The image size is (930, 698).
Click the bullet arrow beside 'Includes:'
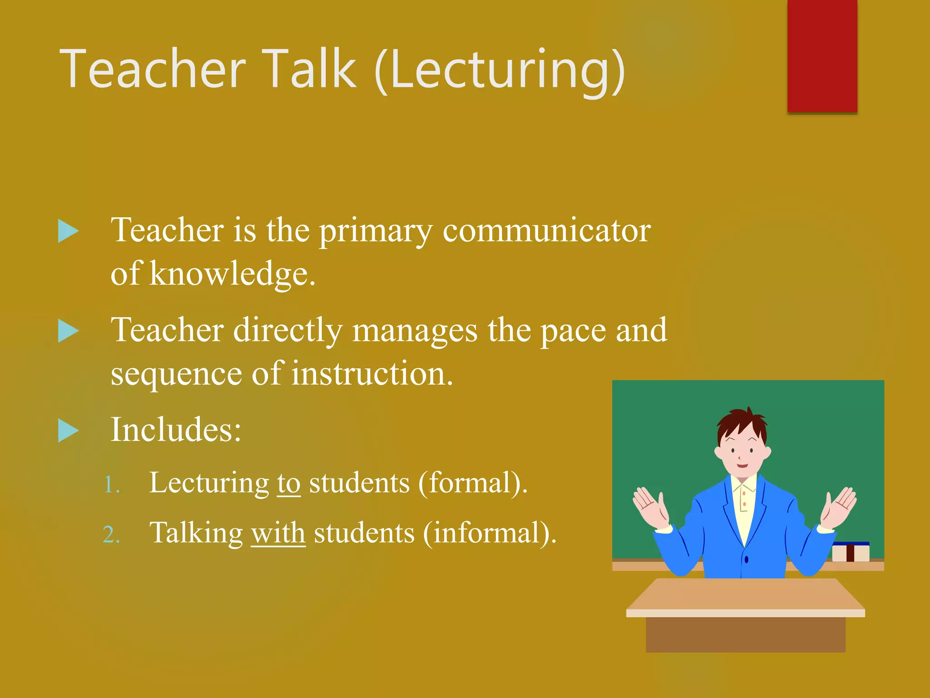[x=69, y=430]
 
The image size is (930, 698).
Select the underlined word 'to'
[x=289, y=483]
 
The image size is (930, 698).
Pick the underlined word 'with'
[x=278, y=533]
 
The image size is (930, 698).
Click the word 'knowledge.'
[x=232, y=274]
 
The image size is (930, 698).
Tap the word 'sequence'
[x=176, y=374]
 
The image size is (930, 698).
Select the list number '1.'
[x=112, y=485]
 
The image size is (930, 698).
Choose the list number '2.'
[x=112, y=535]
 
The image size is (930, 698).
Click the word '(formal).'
[x=473, y=483]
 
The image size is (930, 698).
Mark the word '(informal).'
[x=490, y=533]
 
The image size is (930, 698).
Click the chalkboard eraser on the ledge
[x=851, y=552]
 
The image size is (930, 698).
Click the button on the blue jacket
[x=746, y=559]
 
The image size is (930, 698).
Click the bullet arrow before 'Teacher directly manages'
[x=69, y=330]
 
